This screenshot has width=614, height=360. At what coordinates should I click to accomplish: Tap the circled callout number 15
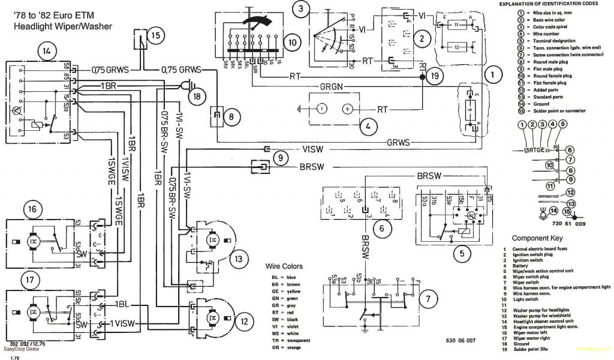pos(156,35)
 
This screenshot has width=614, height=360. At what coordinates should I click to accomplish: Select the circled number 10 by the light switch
pos(291,43)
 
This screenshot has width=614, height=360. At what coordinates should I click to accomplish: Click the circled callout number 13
pos(238,259)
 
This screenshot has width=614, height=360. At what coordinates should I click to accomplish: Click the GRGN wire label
pos(330,86)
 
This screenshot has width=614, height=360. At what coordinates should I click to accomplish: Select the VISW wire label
pos(314,149)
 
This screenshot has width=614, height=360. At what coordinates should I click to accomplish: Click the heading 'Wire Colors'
pos(284,266)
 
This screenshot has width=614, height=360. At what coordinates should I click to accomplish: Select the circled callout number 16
pos(31,209)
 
